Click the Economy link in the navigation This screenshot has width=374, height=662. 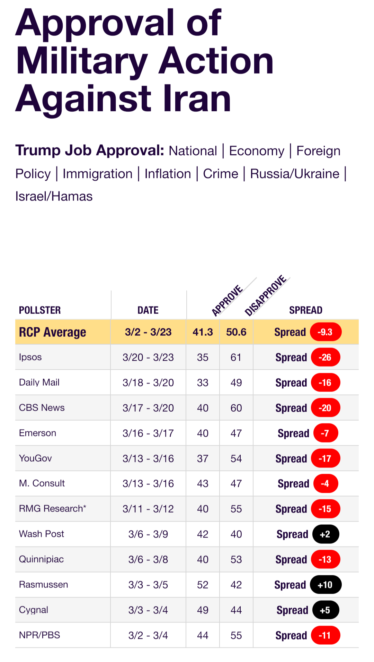pyautogui.click(x=257, y=151)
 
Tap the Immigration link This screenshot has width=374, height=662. pyautogui.click(x=98, y=174)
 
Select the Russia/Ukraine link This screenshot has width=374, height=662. pyautogui.click(x=295, y=174)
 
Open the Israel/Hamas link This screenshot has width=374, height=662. pyautogui.click(x=54, y=196)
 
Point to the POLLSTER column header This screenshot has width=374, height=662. pyautogui.click(x=40, y=310)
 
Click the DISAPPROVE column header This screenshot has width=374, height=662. pyautogui.click(x=266, y=295)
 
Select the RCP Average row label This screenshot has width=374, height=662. pyautogui.click(x=52, y=332)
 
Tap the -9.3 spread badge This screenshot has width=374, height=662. pyautogui.click(x=325, y=332)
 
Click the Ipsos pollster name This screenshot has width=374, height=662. pyautogui.click(x=30, y=357)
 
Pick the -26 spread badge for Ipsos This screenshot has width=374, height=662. pyautogui.click(x=325, y=358)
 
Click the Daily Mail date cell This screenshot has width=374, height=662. pyautogui.click(x=148, y=382)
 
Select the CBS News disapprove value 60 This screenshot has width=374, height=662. pyautogui.click(x=236, y=408)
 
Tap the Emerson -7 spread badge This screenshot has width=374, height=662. pyautogui.click(x=325, y=433)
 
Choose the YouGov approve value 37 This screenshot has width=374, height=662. pyautogui.click(x=203, y=458)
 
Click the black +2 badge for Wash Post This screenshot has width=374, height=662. pyautogui.click(x=325, y=534)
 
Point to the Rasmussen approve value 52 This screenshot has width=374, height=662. pyautogui.click(x=203, y=585)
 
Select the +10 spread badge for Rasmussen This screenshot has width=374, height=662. pyautogui.click(x=325, y=585)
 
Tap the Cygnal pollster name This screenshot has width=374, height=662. pyautogui.click(x=34, y=610)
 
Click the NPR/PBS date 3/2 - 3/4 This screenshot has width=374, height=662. pyautogui.click(x=148, y=635)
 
